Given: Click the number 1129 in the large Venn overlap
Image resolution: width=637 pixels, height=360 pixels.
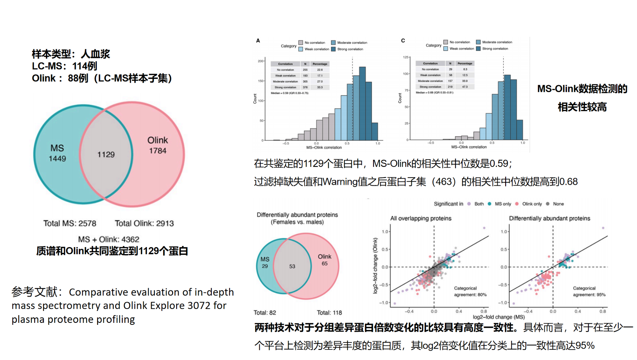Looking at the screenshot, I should coord(106,155).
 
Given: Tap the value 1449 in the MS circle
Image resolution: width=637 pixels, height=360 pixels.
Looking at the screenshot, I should coord(57,159).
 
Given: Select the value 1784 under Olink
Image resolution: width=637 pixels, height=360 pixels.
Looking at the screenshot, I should coord(158,151).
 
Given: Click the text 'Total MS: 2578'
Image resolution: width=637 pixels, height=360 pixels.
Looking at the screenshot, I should coord(70,223).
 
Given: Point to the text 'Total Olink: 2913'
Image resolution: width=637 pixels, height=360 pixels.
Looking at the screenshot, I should coord(144,223).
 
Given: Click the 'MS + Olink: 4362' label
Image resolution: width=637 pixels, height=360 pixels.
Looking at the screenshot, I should coord(109,239).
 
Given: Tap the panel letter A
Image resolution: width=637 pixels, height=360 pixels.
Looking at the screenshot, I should coord(258,41).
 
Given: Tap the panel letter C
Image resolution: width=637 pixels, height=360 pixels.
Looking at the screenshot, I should coord(403,41).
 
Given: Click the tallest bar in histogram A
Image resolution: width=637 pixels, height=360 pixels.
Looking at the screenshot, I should coord(362,104).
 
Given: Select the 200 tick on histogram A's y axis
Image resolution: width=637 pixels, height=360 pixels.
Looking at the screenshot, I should coord(261,61).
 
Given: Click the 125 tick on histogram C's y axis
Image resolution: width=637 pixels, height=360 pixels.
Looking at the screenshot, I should coord(406,57).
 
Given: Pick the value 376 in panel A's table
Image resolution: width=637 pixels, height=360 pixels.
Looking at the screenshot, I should coord(305,87).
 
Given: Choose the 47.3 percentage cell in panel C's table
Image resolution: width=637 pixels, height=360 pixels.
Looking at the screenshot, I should coord(465,87).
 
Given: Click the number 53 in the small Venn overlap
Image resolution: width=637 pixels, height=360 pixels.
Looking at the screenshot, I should coord(292,266).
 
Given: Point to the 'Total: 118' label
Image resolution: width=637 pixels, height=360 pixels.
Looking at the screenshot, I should coord(329,312).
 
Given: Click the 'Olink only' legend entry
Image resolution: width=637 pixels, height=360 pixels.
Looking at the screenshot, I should coord(532,204).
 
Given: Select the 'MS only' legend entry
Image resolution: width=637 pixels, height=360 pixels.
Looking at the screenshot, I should coord(503,204).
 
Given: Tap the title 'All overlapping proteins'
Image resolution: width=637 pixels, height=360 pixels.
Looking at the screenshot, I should coord(421,218).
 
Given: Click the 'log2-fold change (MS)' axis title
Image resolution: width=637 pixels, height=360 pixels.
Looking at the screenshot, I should coord(499,317).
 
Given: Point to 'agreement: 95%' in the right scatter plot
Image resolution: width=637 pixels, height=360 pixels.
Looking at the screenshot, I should coord(589,295).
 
